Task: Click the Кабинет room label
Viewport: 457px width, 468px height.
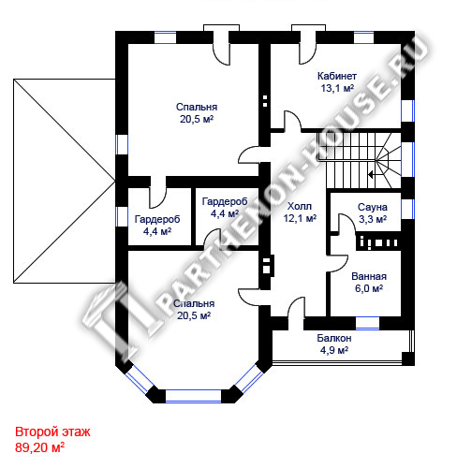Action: pyautogui.click(x=337, y=76)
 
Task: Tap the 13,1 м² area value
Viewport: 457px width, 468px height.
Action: pyautogui.click(x=337, y=88)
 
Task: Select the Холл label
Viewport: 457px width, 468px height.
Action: pyautogui.click(x=299, y=206)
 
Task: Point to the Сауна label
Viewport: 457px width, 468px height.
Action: pyautogui.click(x=373, y=207)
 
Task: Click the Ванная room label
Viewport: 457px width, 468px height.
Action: pyautogui.click(x=369, y=276)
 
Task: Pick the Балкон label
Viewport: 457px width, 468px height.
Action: pyautogui.click(x=334, y=338)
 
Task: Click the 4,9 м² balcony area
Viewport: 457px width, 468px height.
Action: pyautogui.click(x=334, y=350)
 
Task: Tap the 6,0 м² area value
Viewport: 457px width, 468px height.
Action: pyautogui.click(x=369, y=288)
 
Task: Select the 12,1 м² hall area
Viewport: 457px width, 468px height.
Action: pyautogui.click(x=300, y=218)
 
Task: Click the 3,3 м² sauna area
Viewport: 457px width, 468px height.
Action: pyautogui.click(x=373, y=219)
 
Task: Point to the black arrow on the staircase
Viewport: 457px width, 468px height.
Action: pyautogui.click(x=372, y=174)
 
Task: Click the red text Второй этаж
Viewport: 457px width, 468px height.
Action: pyautogui.click(x=52, y=431)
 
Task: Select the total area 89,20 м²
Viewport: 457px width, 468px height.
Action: pyautogui.click(x=39, y=447)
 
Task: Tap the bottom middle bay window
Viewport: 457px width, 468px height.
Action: pyautogui.click(x=193, y=396)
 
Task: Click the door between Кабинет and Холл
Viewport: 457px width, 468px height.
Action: pyautogui.click(x=292, y=122)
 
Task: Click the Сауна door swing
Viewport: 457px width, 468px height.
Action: pyautogui.click(x=346, y=223)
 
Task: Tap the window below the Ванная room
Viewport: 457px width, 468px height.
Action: pyautogui.click(x=367, y=323)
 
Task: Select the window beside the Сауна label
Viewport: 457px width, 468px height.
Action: pyautogui.click(x=407, y=209)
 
